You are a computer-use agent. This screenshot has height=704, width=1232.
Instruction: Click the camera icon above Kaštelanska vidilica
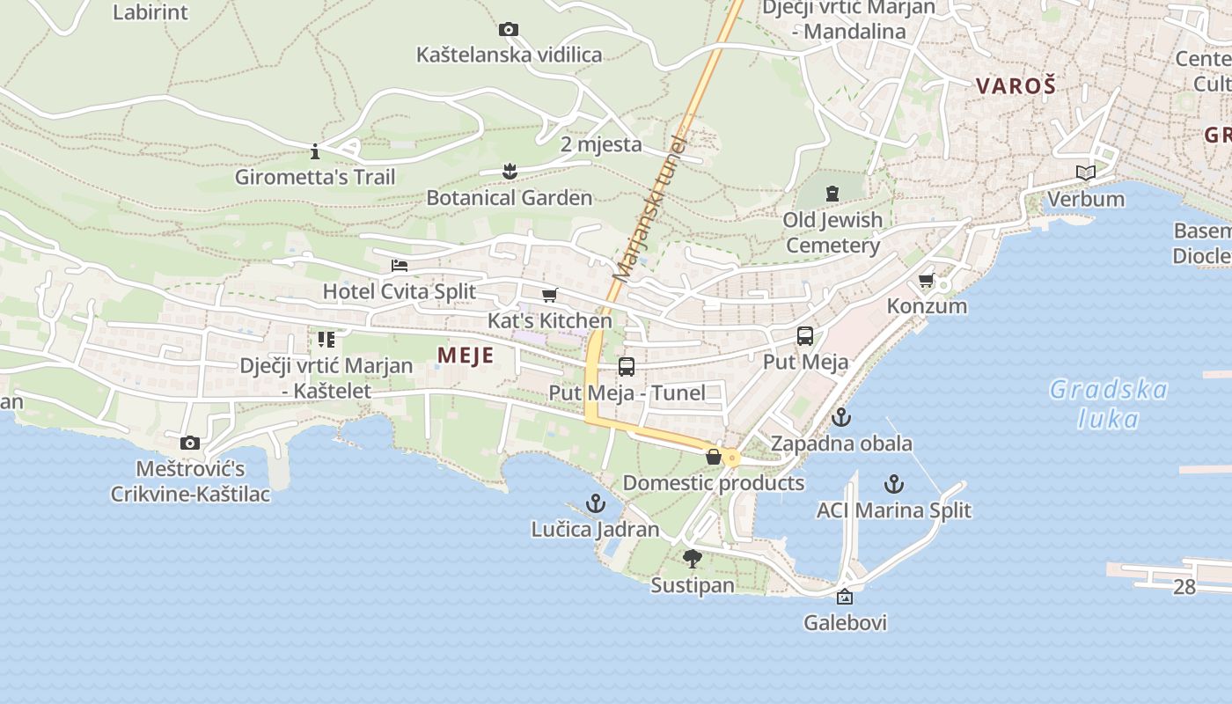pyautogui.click(x=508, y=30)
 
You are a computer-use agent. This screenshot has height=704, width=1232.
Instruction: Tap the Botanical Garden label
pyautogui.click(x=509, y=198)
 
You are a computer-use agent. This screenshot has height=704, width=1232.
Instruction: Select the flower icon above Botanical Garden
pyautogui.click(x=509, y=171)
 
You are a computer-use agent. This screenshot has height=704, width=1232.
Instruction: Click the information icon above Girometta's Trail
pyautogui.click(x=315, y=150)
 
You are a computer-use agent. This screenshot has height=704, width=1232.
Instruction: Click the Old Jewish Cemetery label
pyautogui.click(x=832, y=232)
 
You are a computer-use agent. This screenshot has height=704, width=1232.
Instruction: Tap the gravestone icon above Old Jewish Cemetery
pyautogui.click(x=832, y=193)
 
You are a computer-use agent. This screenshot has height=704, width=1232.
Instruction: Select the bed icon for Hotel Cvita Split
pyautogui.click(x=400, y=265)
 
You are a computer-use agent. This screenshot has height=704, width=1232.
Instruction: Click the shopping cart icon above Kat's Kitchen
pyautogui.click(x=550, y=295)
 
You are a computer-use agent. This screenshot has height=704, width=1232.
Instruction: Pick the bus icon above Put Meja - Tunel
pyautogui.click(x=627, y=367)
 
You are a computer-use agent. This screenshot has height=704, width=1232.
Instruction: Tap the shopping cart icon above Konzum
pyautogui.click(x=926, y=281)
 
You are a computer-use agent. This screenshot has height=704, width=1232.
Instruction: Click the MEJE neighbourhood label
pyautogui.click(x=465, y=356)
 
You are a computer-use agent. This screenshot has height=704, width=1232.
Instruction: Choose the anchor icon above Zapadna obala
pyautogui.click(x=841, y=417)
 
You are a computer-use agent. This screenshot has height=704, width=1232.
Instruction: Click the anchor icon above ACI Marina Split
pyautogui.click(x=893, y=484)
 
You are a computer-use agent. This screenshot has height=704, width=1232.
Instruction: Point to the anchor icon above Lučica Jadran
pyautogui.click(x=596, y=503)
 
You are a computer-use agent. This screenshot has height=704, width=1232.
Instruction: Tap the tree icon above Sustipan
pyautogui.click(x=693, y=558)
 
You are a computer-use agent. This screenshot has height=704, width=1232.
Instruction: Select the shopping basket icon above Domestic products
pyautogui.click(x=714, y=457)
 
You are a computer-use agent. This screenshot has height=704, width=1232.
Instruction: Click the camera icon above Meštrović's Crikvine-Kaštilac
pyautogui.click(x=190, y=443)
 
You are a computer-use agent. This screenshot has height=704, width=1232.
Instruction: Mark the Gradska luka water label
pyautogui.click(x=1109, y=404)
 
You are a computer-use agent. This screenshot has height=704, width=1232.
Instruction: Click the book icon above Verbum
pyautogui.click(x=1086, y=172)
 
